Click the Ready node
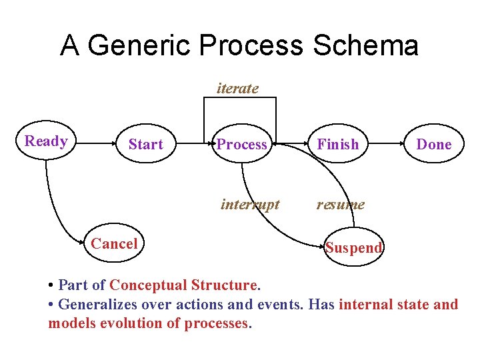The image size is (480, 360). [45, 141]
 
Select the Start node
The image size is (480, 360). [145, 145]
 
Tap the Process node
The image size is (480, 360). [241, 145]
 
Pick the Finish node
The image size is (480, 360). [337, 145]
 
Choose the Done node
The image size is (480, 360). [433, 145]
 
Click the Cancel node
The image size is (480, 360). [114, 244]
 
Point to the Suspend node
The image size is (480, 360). [353, 248]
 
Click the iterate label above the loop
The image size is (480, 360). [238, 88]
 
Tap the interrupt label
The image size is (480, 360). [250, 204]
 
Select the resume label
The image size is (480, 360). [340, 204]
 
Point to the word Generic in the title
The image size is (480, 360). [139, 46]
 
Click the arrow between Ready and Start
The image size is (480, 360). [93, 142]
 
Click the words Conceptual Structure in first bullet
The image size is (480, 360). [183, 285]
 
